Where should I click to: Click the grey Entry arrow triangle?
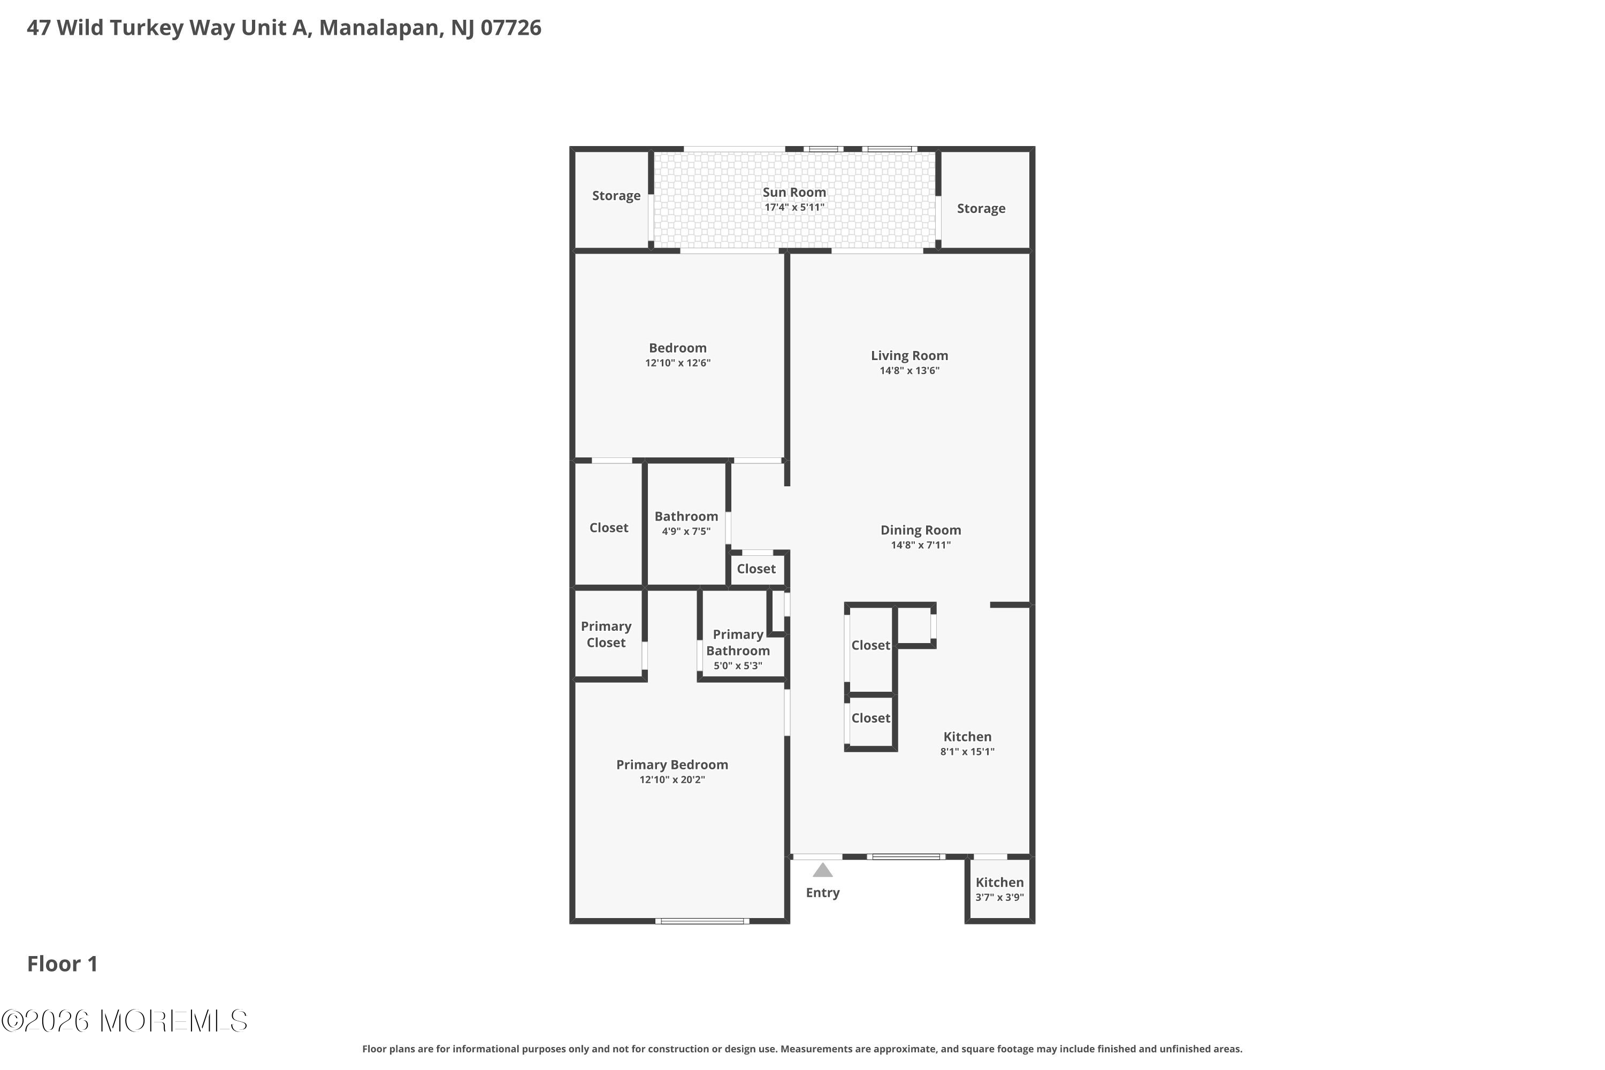pos(822,870)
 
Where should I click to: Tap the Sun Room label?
pos(794,193)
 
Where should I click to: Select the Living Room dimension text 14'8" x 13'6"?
pos(909,371)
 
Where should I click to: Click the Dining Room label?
pos(921,530)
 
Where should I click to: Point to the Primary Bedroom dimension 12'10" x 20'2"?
pos(672,779)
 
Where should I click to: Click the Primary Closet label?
pos(606,635)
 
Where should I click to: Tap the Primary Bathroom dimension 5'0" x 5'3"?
pos(738,666)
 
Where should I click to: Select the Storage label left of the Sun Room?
pos(616,196)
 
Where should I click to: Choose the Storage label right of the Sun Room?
pos(981,209)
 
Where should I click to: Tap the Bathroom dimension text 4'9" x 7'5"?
pos(686,531)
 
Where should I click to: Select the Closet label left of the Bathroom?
pos(609,528)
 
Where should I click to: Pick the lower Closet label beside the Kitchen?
pos(871,718)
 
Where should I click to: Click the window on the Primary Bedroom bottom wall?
pos(702,921)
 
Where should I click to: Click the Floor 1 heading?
pos(63,964)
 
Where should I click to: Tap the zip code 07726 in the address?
pos(510,28)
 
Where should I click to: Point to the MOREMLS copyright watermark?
pos(124,1021)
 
